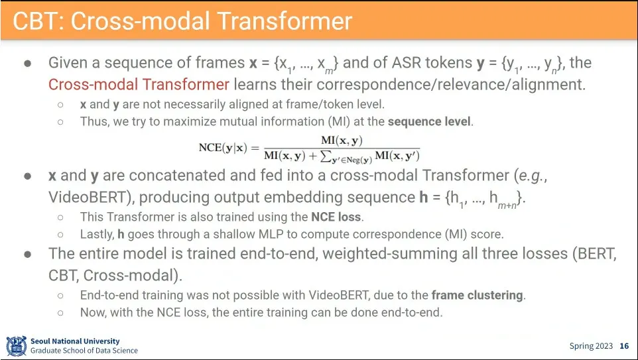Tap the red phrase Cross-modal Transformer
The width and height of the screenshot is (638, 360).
[139, 85]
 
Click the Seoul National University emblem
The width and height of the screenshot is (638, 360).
[17, 346]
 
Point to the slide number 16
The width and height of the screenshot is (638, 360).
[624, 346]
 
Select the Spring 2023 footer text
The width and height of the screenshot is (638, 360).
[591, 346]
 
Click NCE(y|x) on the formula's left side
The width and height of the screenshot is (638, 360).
[223, 148]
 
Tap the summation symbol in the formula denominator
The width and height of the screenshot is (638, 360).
[325, 156]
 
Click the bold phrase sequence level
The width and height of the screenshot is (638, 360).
[429, 121]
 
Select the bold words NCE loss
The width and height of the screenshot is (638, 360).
[336, 217]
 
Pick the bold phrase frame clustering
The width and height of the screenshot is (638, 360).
[477, 295]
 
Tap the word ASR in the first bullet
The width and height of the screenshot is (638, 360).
[407, 63]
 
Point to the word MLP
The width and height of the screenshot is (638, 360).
[285, 235]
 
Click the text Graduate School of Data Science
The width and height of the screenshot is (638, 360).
[84, 351]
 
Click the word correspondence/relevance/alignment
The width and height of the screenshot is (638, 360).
[451, 85]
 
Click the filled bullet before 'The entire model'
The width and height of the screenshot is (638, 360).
[28, 255]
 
